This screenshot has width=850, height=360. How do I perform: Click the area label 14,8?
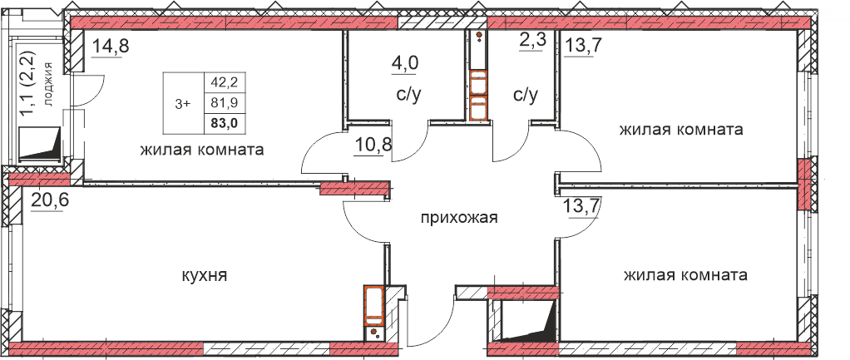point(111,46)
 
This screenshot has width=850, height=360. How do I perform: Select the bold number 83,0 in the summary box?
point(225,123)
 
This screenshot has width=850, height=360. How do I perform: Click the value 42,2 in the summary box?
point(225,82)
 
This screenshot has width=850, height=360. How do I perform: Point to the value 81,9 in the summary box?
point(225,102)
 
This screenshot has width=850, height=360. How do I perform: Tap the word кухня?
point(204,276)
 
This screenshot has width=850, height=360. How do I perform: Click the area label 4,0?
point(405,63)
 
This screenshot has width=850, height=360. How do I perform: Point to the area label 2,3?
point(533,42)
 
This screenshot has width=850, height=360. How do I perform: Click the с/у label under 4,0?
point(408,96)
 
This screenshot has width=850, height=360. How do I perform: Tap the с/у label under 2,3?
point(526,96)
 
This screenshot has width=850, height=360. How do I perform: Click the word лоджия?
point(50,84)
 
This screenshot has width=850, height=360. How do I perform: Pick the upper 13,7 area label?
point(583,47)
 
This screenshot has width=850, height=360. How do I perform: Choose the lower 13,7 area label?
point(583,208)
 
